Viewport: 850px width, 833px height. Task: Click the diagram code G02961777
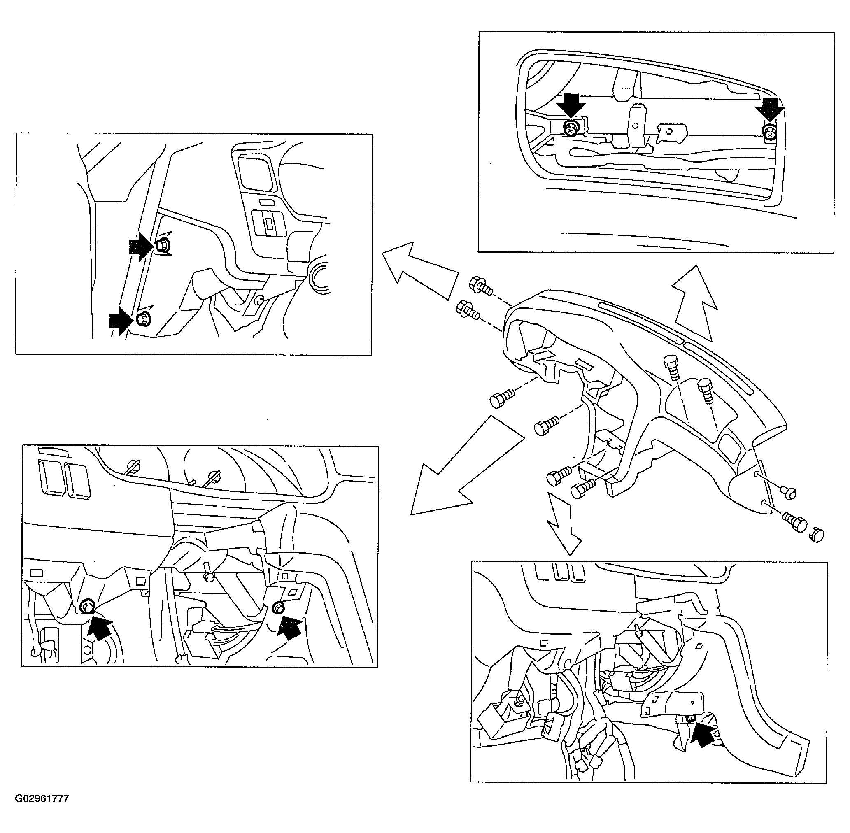[x=42, y=798]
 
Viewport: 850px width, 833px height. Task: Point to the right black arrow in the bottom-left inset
[x=290, y=627]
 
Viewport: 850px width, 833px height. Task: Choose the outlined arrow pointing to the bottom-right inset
[x=564, y=522]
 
